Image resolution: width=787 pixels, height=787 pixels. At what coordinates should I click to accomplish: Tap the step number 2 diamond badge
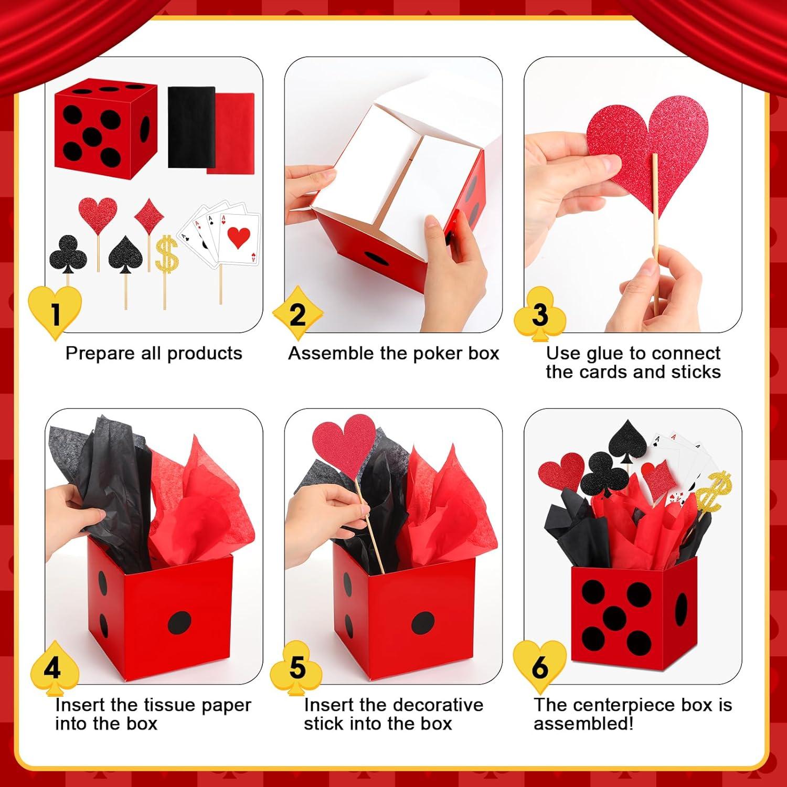pos(297,314)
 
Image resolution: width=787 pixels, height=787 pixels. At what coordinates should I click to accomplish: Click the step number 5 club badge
pos(296,668)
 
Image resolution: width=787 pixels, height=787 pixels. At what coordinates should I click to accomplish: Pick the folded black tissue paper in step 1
pos(191,127)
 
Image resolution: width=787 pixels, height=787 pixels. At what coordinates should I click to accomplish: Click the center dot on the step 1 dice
pos(92,136)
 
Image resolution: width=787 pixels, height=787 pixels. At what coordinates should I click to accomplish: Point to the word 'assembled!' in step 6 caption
pos(583,724)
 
